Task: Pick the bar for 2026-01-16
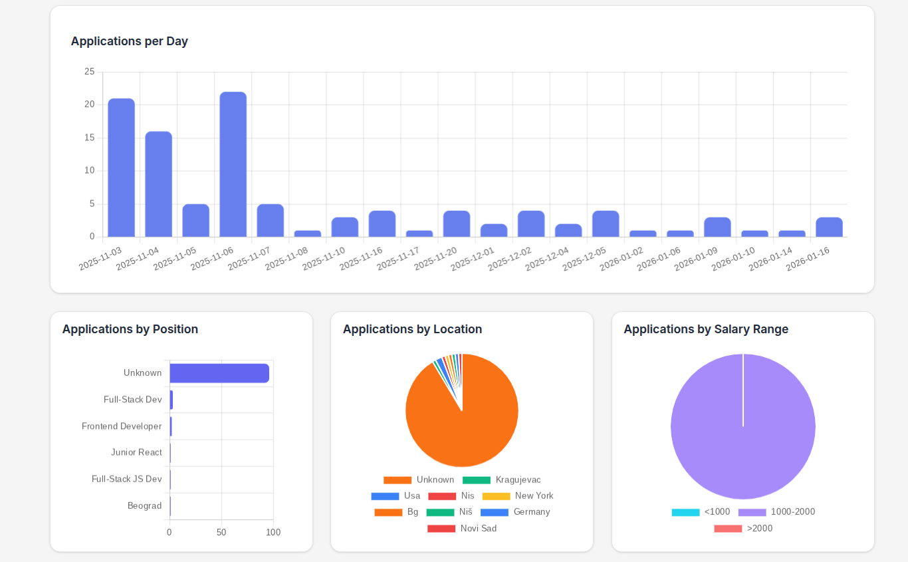[x=829, y=227]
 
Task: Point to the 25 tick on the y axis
[x=89, y=72]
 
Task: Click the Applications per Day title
[x=130, y=41]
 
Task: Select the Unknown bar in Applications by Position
[x=219, y=373]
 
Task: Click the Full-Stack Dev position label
[x=132, y=400]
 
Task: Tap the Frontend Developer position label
[x=122, y=426]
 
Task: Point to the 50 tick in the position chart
[x=221, y=532]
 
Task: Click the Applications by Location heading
[x=412, y=329]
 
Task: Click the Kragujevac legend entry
[x=502, y=480]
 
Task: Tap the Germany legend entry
[x=515, y=512]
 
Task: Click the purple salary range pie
[x=742, y=439]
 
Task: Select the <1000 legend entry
[x=701, y=512]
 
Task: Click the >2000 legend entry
[x=743, y=528]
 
